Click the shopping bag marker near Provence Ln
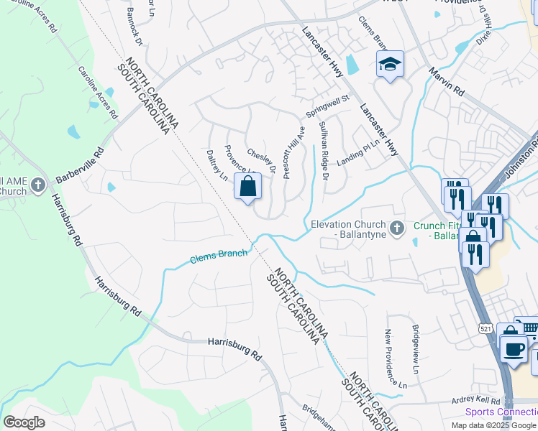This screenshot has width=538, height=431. (x=247, y=187)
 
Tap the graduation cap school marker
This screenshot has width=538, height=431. (x=391, y=65)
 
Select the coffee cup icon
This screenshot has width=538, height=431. (x=514, y=349)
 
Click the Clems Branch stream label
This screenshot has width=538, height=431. (x=219, y=256)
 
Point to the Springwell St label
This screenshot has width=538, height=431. (x=327, y=105)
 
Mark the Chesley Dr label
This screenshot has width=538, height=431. (x=262, y=161)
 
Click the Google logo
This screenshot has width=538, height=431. (x=24, y=422)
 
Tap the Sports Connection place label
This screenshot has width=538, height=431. (x=501, y=412)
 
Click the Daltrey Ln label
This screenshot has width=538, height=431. (x=216, y=165)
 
